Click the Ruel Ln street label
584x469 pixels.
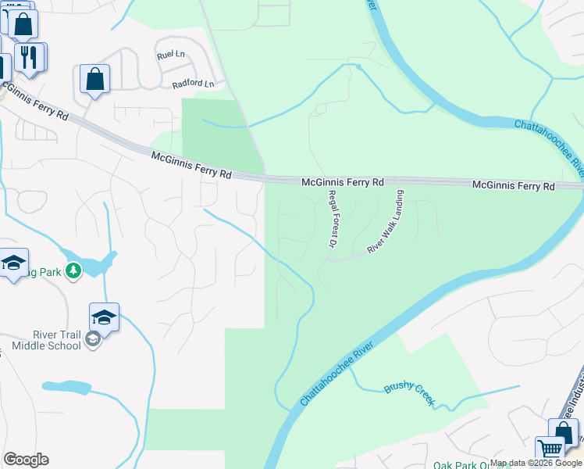tap(169, 55)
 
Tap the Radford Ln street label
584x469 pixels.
tap(193, 84)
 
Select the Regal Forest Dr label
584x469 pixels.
tap(332, 220)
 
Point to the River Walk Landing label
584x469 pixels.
tap(386, 222)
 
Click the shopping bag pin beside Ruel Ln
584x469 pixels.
tap(94, 79)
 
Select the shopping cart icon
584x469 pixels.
tap(550, 450)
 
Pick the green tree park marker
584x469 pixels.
tap(73, 270)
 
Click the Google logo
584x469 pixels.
tap(26, 460)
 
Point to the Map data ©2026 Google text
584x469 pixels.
tap(536, 463)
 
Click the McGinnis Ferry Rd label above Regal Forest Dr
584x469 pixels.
tap(344, 182)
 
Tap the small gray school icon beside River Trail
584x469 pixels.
tap(93, 338)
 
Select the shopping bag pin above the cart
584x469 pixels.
tap(563, 432)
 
